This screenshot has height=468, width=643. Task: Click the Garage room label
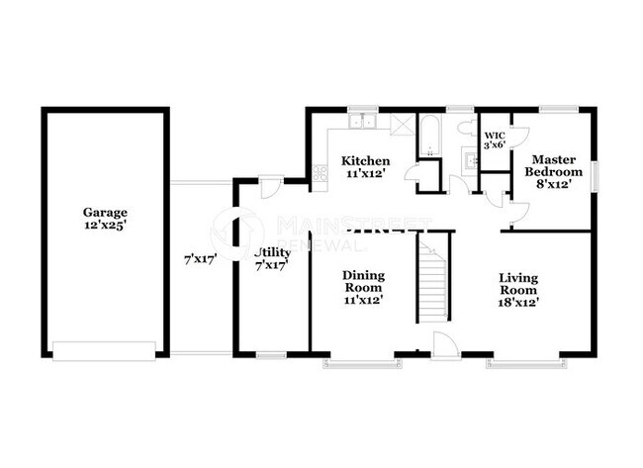coord(104,212)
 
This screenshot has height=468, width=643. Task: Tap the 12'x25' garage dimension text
coord(104,225)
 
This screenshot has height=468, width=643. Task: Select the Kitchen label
coord(365,161)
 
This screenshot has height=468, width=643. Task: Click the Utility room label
coord(270,252)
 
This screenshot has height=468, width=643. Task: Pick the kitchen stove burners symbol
coord(321,173)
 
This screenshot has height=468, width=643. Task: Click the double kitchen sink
coord(363,123)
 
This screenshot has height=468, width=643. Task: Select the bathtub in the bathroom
coord(432,138)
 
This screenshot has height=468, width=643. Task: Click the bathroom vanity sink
coord(467,158)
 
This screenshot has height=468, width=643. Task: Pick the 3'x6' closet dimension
coord(493,145)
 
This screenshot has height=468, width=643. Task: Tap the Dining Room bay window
coord(363,363)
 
